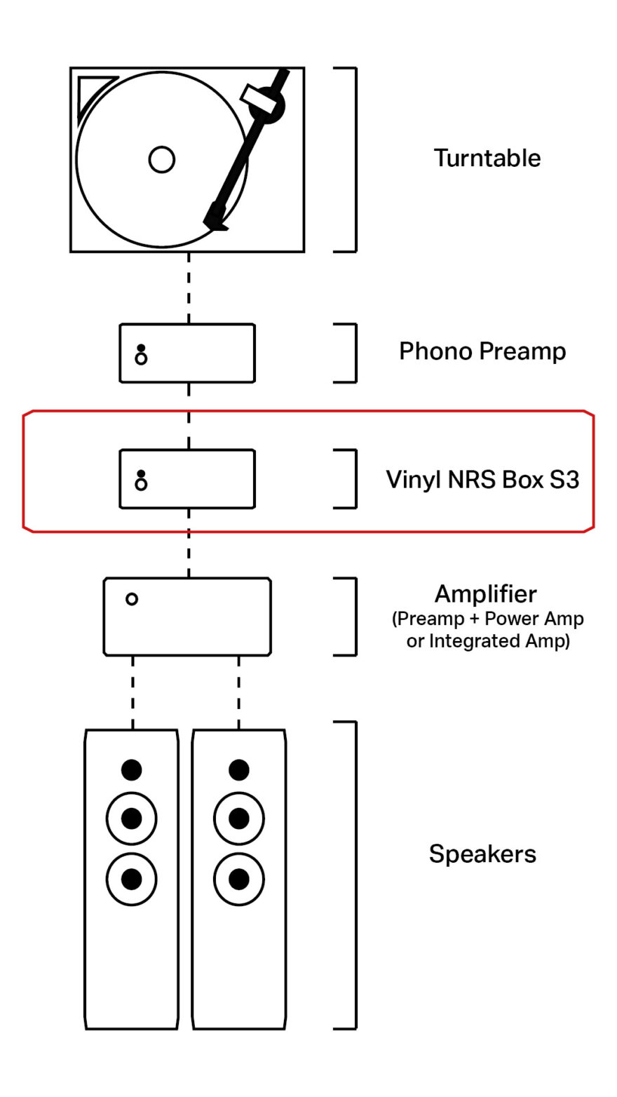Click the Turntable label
click(x=487, y=158)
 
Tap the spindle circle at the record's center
click(x=161, y=160)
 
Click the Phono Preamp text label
click(x=482, y=351)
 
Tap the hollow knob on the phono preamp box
click(x=141, y=359)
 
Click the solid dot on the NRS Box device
click(x=141, y=473)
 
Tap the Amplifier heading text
click(x=485, y=594)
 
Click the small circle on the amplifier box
click(x=131, y=599)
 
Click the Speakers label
click(x=482, y=854)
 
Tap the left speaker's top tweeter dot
click(x=131, y=770)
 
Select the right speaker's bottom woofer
click(x=239, y=879)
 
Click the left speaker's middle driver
click(x=131, y=819)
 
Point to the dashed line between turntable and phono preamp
click(x=187, y=288)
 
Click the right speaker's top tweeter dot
click(x=239, y=770)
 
